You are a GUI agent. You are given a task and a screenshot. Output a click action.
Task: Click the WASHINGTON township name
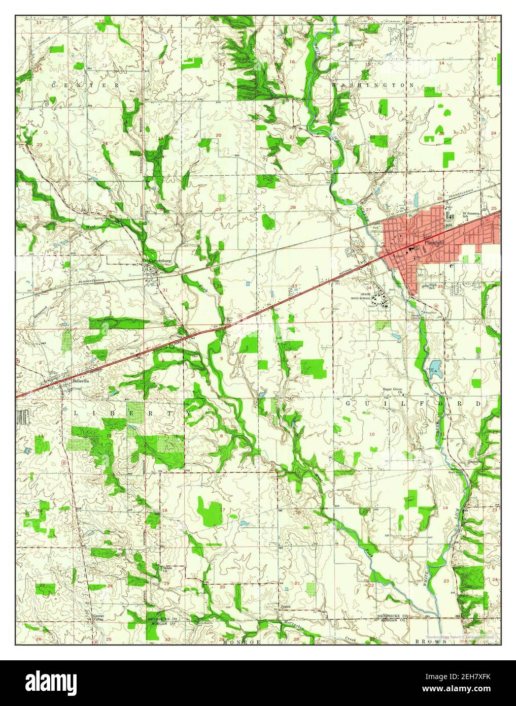(372, 86)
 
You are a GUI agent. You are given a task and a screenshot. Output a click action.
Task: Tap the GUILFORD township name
(414, 403)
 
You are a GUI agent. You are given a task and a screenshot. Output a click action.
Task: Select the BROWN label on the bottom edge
(431, 642)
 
